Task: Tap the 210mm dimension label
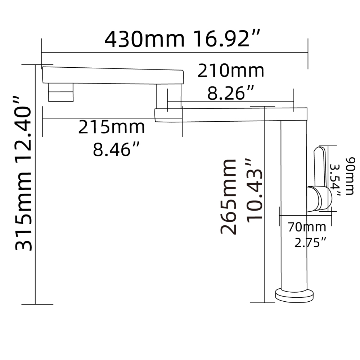coord(231,71)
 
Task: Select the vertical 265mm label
coord(229,197)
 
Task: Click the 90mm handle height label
coord(349,176)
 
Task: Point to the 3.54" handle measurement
coord(336,180)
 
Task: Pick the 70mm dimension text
coord(307,227)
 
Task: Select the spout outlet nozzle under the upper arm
coord(60,93)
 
